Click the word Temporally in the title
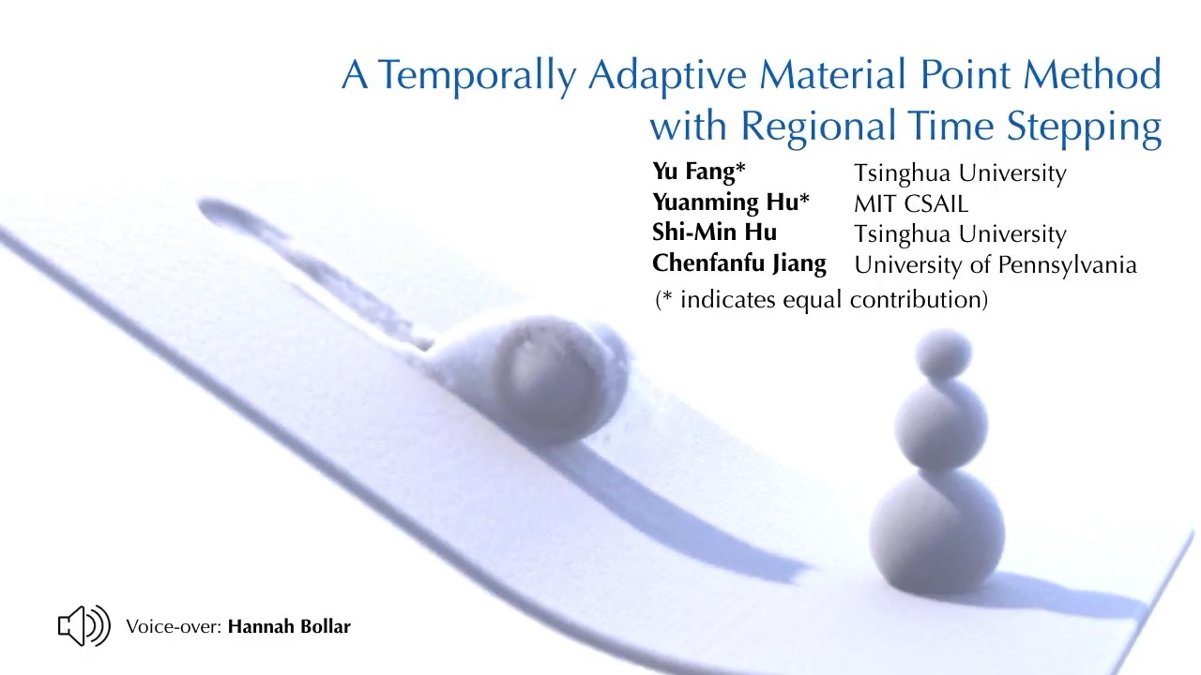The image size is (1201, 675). [477, 76]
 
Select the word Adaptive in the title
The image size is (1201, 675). [667, 75]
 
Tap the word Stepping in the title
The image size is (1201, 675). [1084, 127]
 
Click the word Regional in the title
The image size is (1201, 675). [818, 127]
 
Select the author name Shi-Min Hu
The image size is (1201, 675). [714, 232]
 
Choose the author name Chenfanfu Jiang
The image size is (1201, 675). [738, 264]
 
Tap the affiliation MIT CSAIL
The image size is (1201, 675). [911, 204]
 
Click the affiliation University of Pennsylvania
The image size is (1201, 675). [996, 265]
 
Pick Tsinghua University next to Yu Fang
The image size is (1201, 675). [960, 173]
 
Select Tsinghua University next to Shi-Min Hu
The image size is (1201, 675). [960, 234]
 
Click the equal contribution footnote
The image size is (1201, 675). [821, 299]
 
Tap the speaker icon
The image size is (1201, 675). [84, 625]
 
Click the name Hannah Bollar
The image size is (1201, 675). [289, 626]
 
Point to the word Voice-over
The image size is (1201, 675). [174, 627]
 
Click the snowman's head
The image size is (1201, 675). [943, 354]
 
